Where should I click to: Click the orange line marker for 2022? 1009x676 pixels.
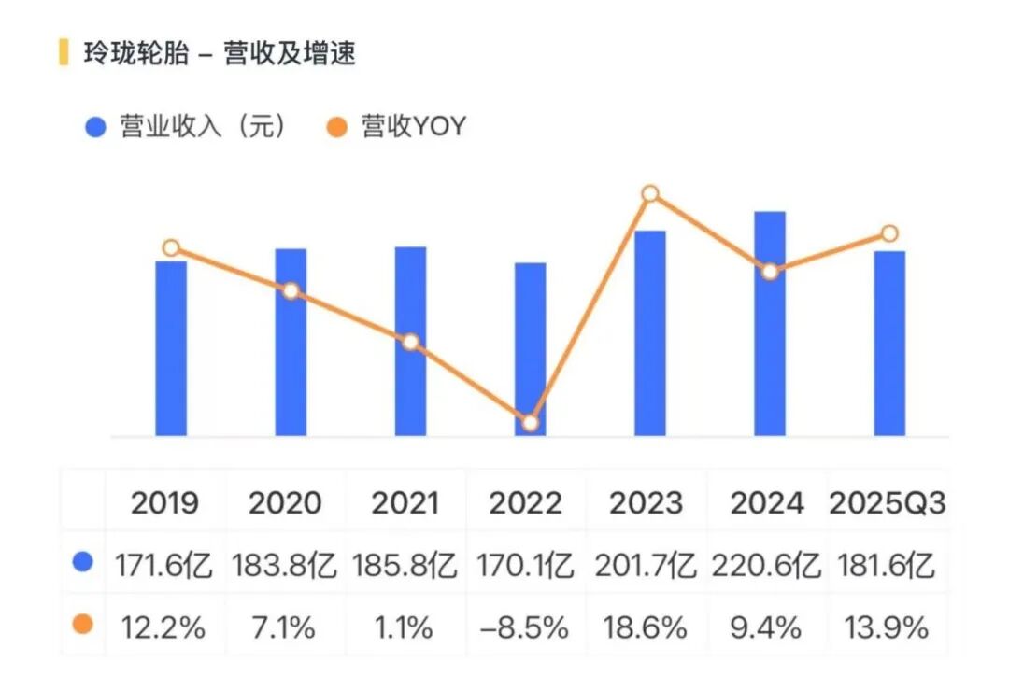[530, 423]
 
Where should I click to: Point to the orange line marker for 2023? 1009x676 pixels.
[650, 194]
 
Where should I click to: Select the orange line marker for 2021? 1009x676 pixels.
[410, 342]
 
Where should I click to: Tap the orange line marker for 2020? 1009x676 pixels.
[291, 290]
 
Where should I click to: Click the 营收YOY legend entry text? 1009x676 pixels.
[413, 127]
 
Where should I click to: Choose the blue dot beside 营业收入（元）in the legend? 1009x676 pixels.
[95, 127]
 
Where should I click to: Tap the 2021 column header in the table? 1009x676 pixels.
[405, 503]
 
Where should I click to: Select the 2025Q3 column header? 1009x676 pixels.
[888, 503]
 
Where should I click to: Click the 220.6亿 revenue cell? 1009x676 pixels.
[766, 566]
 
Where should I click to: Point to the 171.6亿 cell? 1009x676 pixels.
[164, 566]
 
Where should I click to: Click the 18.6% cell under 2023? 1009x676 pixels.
[646, 627]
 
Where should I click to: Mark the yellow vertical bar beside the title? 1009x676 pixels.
[64, 52]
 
